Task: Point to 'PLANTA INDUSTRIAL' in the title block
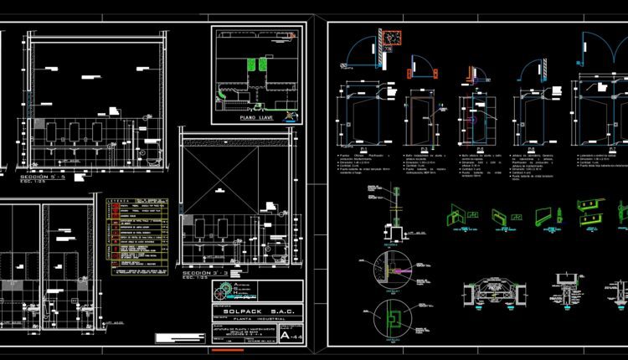[x=258, y=321]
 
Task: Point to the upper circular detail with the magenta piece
[x=392, y=267]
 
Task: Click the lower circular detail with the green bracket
[x=392, y=317]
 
